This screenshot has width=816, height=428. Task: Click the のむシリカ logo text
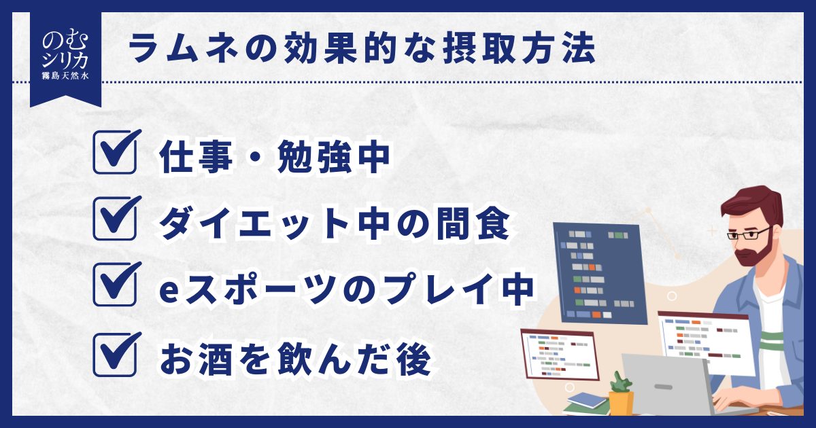(65, 50)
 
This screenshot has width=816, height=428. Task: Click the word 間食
(473, 224)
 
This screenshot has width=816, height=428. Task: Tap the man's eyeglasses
(749, 233)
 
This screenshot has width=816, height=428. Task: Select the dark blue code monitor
(600, 273)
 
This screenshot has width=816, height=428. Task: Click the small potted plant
(621, 394)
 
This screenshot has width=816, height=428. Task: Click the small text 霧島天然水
(65, 75)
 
